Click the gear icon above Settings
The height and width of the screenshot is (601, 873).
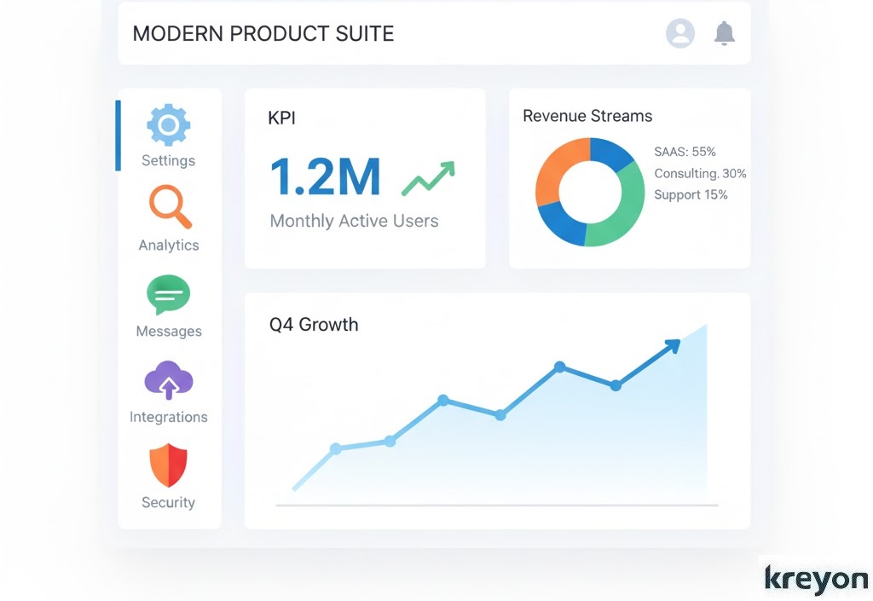168,125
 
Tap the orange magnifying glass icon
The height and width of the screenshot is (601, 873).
169,206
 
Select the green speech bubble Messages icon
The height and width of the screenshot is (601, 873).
168,295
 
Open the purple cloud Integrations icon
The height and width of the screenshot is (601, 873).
168,380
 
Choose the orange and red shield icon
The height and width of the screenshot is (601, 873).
168,465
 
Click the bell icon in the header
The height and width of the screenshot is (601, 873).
724,33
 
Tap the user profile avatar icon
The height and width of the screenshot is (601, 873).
679,33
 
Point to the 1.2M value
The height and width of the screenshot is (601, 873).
325,176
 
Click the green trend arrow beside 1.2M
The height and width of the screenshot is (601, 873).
428,177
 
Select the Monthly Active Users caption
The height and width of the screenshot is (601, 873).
354,221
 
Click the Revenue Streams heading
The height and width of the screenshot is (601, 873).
587,116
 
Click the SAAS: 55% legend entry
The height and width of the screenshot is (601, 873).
685,152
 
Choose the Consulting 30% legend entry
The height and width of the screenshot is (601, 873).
700,173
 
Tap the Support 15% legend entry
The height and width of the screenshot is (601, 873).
691,194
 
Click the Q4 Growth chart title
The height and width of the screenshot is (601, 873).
314,325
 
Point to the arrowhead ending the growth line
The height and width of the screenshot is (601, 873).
673,345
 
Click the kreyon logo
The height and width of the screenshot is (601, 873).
815,578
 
